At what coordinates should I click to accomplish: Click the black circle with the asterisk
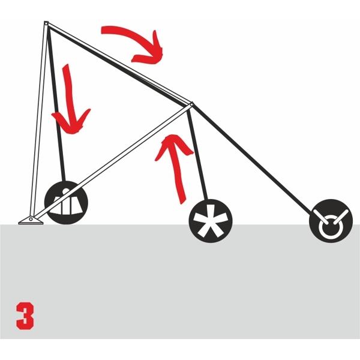[210, 223]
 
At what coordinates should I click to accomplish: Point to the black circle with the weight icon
[67, 202]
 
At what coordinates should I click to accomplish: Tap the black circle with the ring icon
[329, 221]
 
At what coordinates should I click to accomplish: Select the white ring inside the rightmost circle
[329, 226]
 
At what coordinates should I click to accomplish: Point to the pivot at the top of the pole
[46, 24]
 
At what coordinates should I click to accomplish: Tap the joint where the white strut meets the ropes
[191, 106]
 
